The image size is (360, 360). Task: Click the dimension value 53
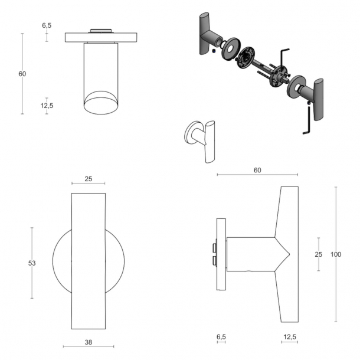[32, 263]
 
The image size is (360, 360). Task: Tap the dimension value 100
[336, 254]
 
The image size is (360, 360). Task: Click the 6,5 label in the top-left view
[47, 25]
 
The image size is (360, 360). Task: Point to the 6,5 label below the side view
[221, 337]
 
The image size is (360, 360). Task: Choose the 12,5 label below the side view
[289, 337]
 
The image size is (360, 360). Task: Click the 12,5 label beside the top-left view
[47, 106]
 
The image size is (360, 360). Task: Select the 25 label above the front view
[89, 178]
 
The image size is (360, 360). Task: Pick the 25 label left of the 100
[318, 254]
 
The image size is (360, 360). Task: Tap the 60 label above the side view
[257, 170]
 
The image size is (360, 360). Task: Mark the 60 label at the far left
[22, 74]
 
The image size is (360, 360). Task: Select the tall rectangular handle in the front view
[89, 261]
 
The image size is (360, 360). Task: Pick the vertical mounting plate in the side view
[221, 255]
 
